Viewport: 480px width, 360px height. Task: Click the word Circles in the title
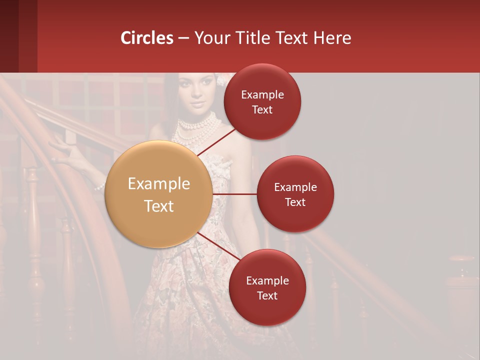coord(147,38)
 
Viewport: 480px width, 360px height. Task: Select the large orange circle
coord(159,194)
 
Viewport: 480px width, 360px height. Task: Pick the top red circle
coord(262,101)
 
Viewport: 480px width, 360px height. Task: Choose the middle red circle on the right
coord(295,194)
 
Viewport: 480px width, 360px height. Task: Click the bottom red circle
coord(267,287)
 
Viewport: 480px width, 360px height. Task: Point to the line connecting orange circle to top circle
coord(216,141)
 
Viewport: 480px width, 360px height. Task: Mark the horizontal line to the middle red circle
coord(235,194)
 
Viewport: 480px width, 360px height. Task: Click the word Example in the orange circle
coord(159,184)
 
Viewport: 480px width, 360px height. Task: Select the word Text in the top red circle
coord(262,109)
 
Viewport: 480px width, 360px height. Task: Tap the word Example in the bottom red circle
coord(267,280)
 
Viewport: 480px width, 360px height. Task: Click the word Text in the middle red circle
coord(295,202)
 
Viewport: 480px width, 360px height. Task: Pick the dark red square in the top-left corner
coord(18,36)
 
